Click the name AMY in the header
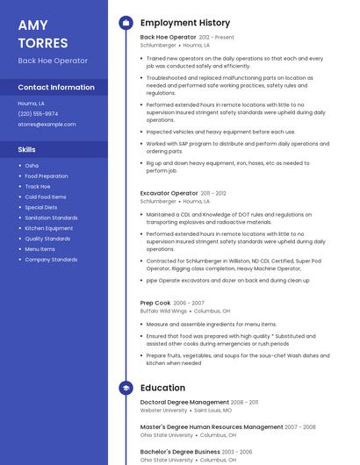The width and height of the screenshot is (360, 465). click(33, 25)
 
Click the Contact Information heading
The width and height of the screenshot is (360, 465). click(56, 87)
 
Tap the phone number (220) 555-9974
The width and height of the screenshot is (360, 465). click(38, 113)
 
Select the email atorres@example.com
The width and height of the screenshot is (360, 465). click(47, 124)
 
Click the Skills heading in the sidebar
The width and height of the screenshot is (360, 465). click(27, 149)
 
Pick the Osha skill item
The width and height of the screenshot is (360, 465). click(32, 165)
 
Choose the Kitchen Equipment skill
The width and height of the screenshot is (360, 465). click(49, 228)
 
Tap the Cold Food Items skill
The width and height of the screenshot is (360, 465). click(46, 197)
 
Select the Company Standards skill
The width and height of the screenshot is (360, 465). click(51, 260)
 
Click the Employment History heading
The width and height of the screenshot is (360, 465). click(185, 23)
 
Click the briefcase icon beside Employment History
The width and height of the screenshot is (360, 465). click(126, 23)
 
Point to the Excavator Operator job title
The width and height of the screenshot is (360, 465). click(169, 193)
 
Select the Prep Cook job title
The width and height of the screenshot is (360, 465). click(155, 303)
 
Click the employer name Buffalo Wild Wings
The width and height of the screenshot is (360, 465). click(164, 311)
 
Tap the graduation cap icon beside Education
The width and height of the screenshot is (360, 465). click(126, 388)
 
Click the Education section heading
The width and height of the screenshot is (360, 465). click(162, 388)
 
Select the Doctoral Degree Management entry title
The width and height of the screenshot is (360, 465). click(184, 402)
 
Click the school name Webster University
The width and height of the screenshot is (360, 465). click(163, 410)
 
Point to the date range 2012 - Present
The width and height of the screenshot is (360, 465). click(217, 38)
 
